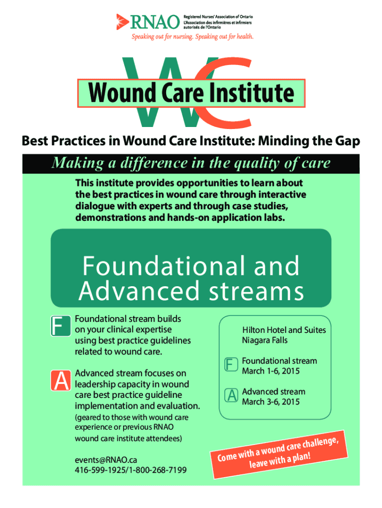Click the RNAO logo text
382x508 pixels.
(155, 22)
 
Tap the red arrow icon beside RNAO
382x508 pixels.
(122, 22)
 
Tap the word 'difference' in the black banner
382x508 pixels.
(154, 163)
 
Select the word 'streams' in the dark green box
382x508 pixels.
(256, 291)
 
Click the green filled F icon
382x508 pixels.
(61, 325)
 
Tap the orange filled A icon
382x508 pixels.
(61, 381)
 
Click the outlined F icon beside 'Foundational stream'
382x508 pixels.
(231, 365)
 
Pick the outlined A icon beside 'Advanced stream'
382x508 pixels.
(231, 395)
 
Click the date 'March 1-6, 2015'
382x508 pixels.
(270, 371)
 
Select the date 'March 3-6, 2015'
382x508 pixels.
(270, 402)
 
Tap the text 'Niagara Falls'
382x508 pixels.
(265, 340)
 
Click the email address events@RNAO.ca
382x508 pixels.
(106, 460)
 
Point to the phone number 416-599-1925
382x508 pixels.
(100, 470)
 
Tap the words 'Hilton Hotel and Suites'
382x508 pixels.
(284, 330)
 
